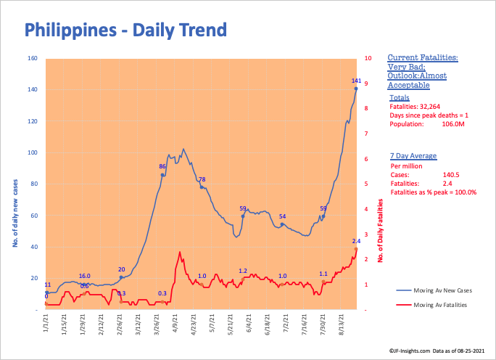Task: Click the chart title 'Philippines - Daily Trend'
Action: click(125, 30)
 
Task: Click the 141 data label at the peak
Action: click(356, 81)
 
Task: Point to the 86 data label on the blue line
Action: click(162, 167)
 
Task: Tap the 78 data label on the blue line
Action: click(202, 179)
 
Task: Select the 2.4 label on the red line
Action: click(356, 241)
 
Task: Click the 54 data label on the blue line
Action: click(283, 217)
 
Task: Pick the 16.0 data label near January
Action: click(84, 276)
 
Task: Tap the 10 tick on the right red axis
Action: click(368, 58)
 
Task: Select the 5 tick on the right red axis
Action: click(368, 184)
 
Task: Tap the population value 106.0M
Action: click(452, 124)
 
